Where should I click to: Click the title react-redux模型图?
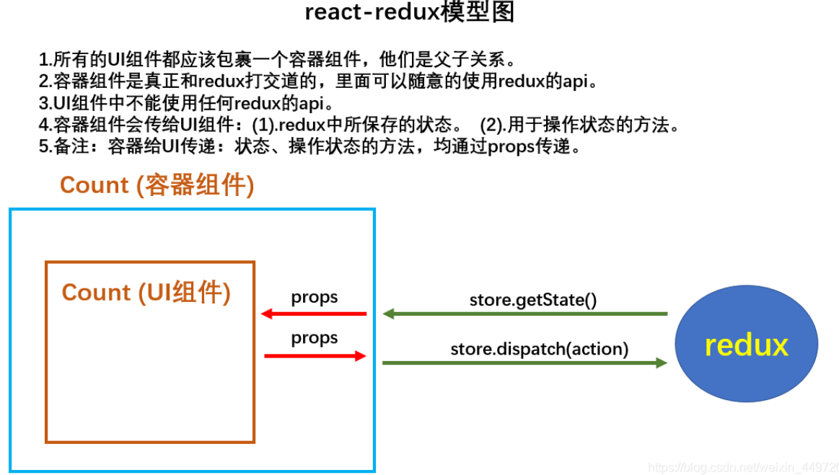pyautogui.click(x=409, y=12)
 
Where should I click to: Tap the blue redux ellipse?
pyautogui.click(x=747, y=343)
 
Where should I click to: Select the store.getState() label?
pyautogui.click(x=533, y=300)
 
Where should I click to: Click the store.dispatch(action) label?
pyautogui.click(x=540, y=349)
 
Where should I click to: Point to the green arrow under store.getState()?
pyautogui.click(x=525, y=314)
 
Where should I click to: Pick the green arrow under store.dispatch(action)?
pyautogui.click(x=525, y=363)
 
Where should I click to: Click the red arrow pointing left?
pyautogui.click(x=314, y=314)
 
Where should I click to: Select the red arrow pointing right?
pyautogui.click(x=315, y=356)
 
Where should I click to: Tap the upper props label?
pyautogui.click(x=314, y=298)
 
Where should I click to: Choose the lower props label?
pyautogui.click(x=314, y=338)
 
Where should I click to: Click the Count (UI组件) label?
pyautogui.click(x=146, y=293)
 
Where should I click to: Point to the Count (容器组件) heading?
pyautogui.click(x=157, y=185)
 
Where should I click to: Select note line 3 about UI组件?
pyautogui.click(x=186, y=102)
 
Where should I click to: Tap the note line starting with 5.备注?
pyautogui.click(x=309, y=146)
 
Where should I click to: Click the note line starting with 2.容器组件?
pyautogui.click(x=318, y=81)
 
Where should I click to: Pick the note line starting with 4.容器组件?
pyautogui.click(x=359, y=125)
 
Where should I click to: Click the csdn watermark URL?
pyautogui.click(x=743, y=468)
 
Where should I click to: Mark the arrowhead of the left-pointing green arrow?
pyautogui.click(x=389, y=314)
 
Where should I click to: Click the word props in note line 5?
pyautogui.click(x=511, y=146)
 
